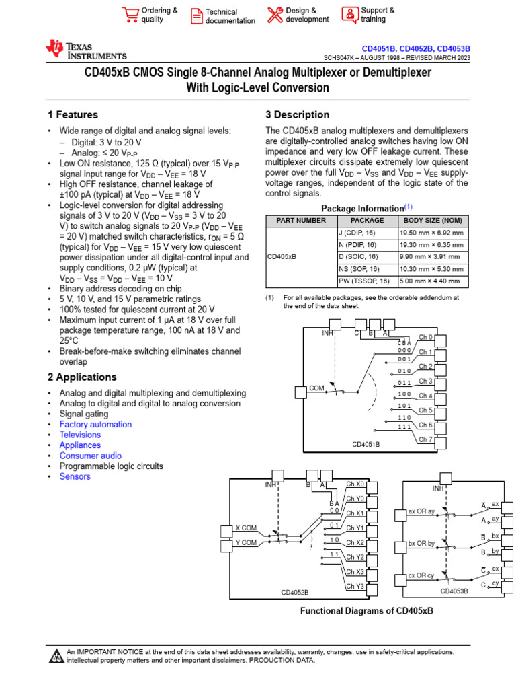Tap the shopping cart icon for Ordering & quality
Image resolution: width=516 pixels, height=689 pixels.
[x=130, y=15]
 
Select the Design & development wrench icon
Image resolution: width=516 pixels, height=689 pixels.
[x=275, y=15]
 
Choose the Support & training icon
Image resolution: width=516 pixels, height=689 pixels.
[x=350, y=15]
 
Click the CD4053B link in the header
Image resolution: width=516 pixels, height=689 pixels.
[x=454, y=49]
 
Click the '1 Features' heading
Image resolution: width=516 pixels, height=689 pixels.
[x=73, y=115]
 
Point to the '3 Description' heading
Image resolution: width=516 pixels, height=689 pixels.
[x=298, y=115]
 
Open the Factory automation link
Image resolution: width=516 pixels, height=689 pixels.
[x=95, y=425]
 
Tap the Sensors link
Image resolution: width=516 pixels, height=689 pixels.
[x=75, y=476]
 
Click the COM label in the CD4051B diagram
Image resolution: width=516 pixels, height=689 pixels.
[x=316, y=388]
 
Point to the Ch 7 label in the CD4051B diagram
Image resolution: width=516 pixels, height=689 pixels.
[x=425, y=440]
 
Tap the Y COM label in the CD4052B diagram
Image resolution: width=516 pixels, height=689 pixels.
[x=245, y=542]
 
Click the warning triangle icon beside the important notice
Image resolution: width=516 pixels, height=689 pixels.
[x=56, y=656]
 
